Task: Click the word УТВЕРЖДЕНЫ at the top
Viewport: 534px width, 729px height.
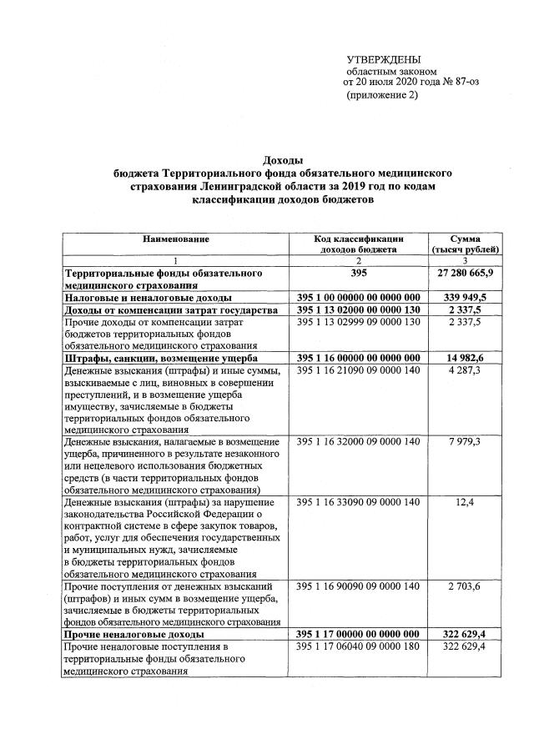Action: pos(384,58)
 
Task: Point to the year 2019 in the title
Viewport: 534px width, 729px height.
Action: pos(378,186)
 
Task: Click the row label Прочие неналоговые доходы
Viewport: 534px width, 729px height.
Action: pos(128,636)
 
